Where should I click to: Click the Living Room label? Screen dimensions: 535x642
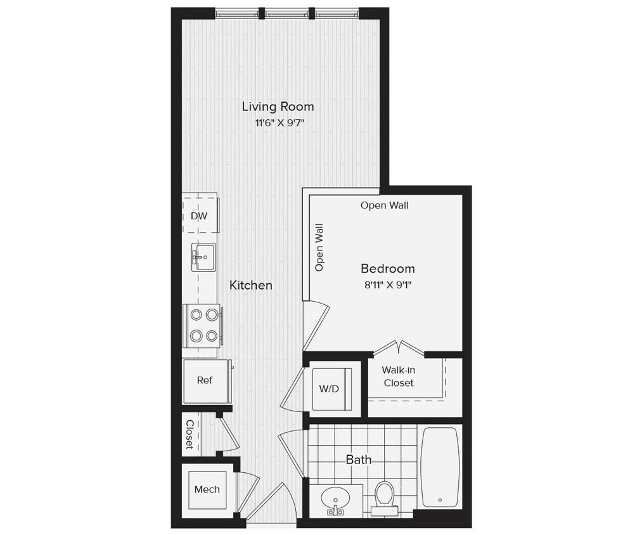(278, 106)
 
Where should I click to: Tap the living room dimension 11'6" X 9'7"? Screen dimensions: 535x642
(276, 124)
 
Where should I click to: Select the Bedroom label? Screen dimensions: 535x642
(388, 268)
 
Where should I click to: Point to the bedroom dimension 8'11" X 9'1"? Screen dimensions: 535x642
(388, 285)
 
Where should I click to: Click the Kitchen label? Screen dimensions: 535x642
(251, 285)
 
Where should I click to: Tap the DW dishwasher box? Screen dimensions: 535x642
(200, 216)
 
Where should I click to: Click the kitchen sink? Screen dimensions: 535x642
(203, 257)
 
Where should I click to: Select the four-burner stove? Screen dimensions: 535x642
(203, 325)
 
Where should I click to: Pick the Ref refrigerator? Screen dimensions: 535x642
(205, 380)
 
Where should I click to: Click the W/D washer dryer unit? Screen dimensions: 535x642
(329, 389)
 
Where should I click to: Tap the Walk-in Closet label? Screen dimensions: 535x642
(399, 377)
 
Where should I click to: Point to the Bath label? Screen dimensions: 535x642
(359, 460)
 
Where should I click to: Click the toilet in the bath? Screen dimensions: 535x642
(385, 495)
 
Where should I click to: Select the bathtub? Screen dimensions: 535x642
(440, 467)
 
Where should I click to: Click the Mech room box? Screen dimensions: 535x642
(207, 489)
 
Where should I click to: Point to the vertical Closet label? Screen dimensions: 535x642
(189, 434)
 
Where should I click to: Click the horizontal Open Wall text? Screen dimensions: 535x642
(384, 205)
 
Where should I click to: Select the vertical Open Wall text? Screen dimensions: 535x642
(319, 247)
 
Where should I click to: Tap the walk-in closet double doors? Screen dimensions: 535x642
(399, 349)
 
